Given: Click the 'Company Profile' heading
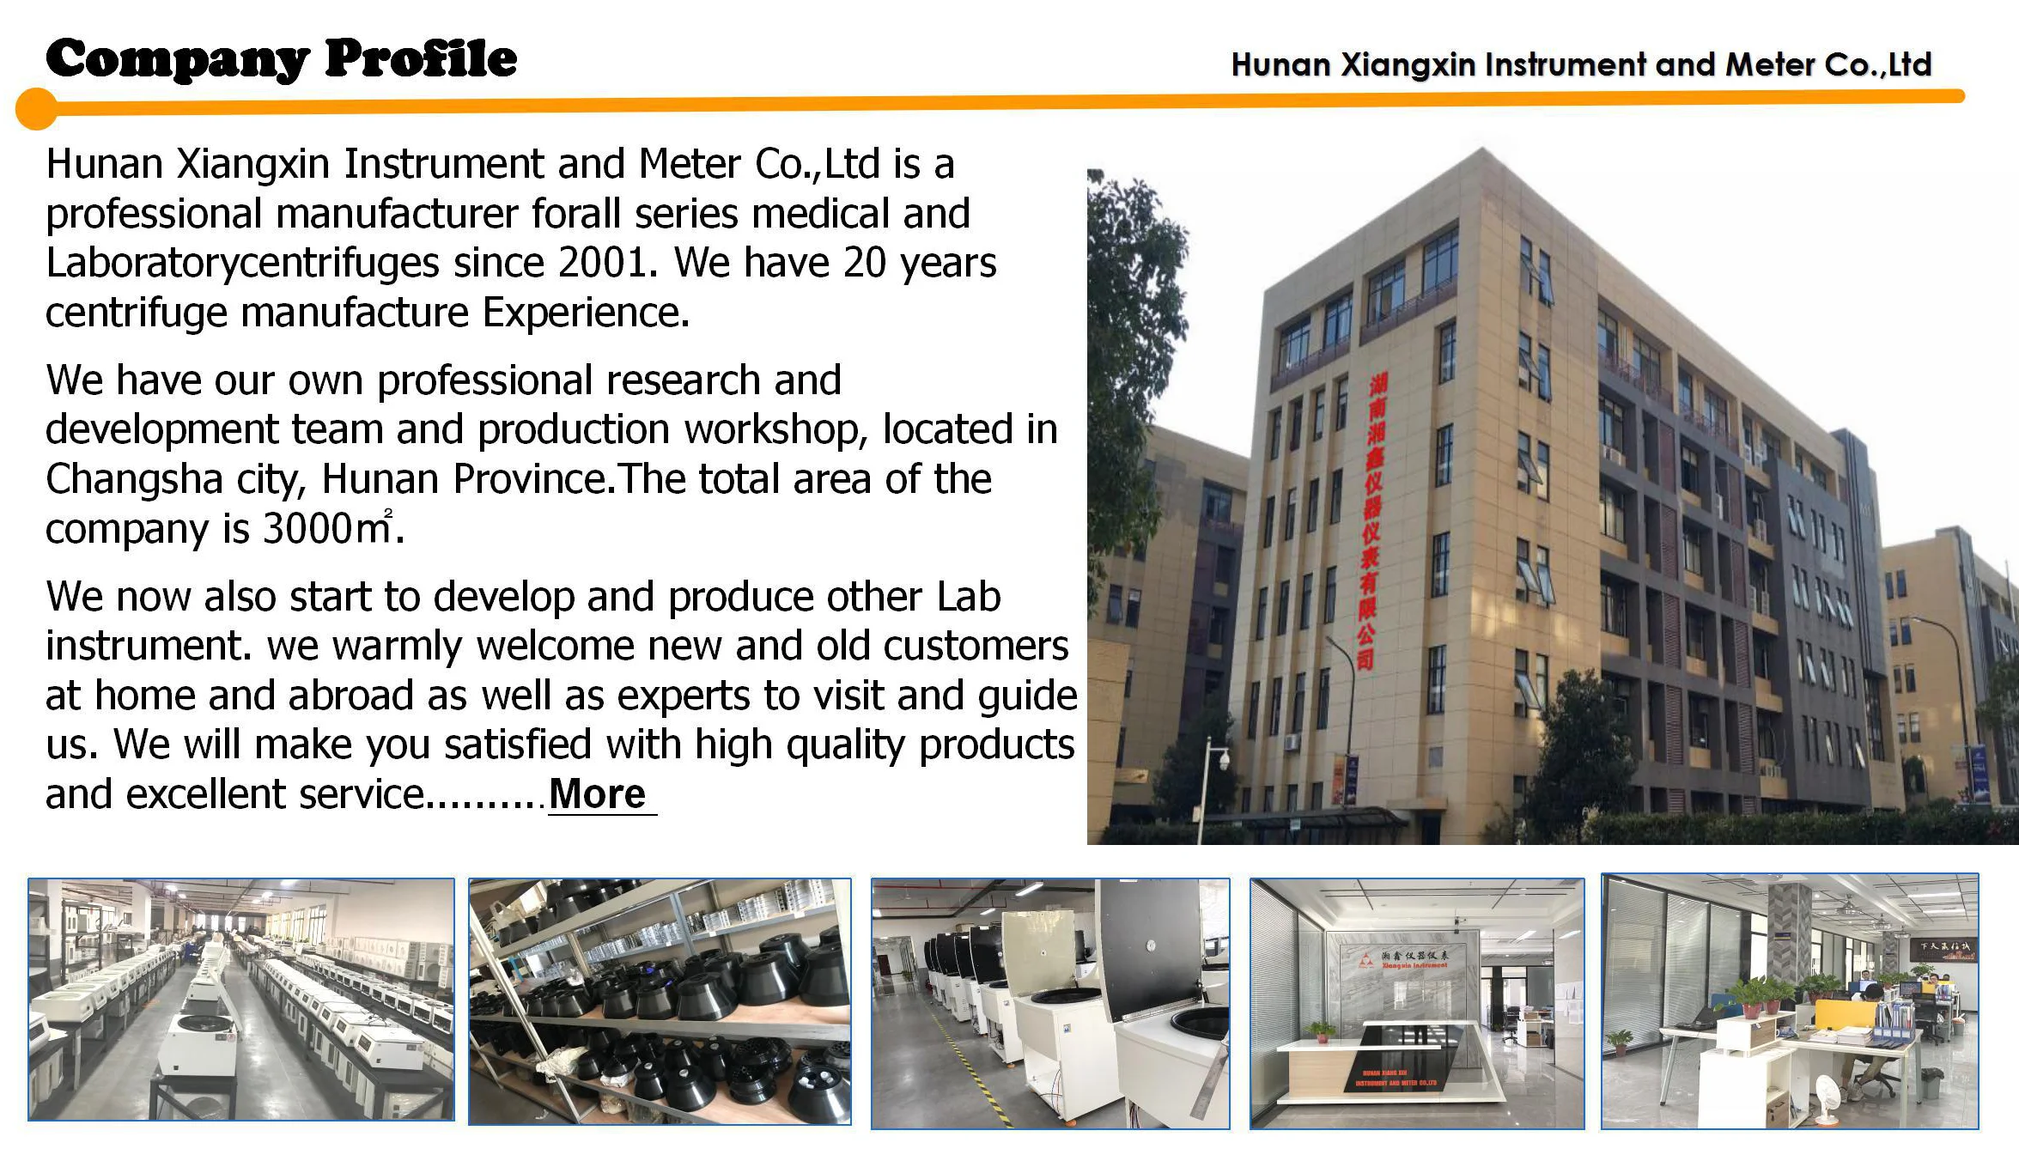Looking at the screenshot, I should click(282, 59).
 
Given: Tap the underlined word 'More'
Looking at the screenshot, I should click(598, 794).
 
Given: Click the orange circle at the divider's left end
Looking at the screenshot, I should click(36, 109).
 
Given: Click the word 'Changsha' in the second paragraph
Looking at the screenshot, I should click(134, 479).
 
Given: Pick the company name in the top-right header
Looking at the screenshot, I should click(1580, 65).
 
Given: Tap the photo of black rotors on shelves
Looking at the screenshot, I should click(660, 1001).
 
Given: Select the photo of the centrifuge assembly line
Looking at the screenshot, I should click(240, 1000).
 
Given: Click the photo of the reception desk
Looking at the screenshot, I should click(1416, 1003).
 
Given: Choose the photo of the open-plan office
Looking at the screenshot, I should click(1789, 1001).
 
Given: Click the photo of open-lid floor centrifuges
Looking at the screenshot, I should click(1049, 1003).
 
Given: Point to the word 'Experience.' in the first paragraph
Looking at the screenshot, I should click(586, 313).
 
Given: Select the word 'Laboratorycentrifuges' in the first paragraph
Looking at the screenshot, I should click(243, 263).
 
